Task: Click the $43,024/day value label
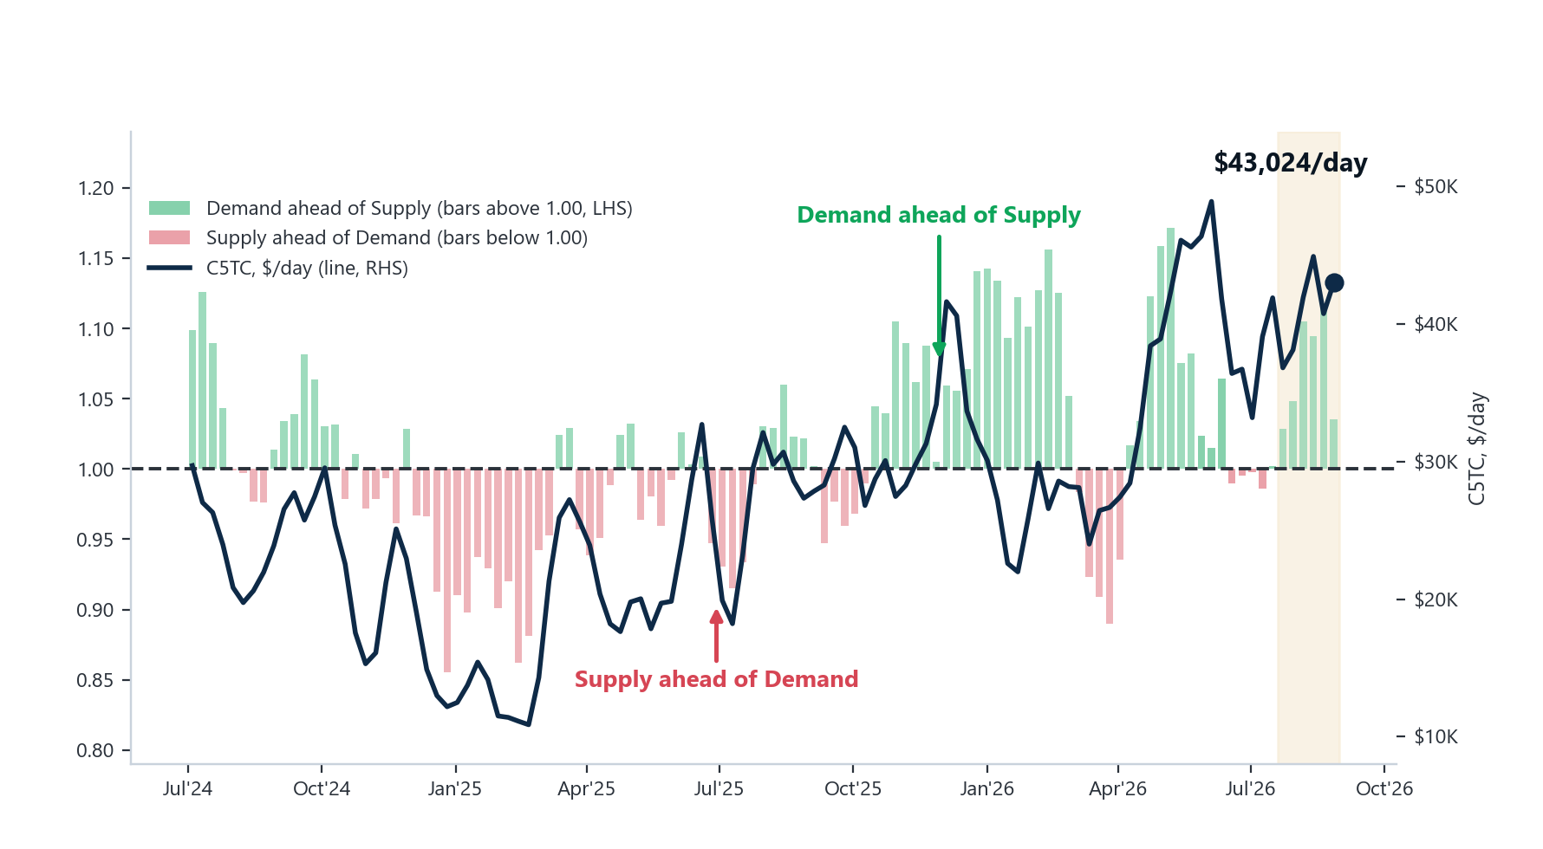click(x=1290, y=163)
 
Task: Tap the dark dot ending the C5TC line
click(x=1334, y=282)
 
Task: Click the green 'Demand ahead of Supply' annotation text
click(x=939, y=215)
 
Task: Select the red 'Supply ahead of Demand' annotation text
click(x=716, y=679)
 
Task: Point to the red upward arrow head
click(x=716, y=616)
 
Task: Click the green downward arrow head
click(x=939, y=349)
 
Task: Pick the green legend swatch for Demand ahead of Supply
click(x=169, y=208)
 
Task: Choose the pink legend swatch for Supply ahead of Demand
click(x=169, y=237)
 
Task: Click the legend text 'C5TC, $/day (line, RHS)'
click(x=307, y=268)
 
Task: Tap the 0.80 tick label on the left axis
click(x=95, y=750)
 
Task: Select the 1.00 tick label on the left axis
click(x=95, y=470)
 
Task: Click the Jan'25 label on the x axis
click(x=455, y=789)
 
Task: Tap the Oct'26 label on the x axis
click(x=1384, y=789)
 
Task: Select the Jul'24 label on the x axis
click(x=188, y=789)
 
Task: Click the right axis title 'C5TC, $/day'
click(x=1476, y=449)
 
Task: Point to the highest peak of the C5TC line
click(x=1211, y=202)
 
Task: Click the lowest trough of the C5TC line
click(x=529, y=724)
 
